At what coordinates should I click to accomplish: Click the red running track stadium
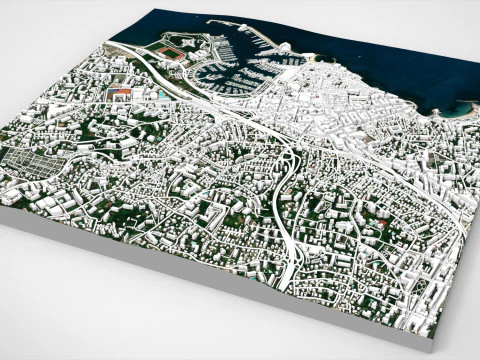172,52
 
